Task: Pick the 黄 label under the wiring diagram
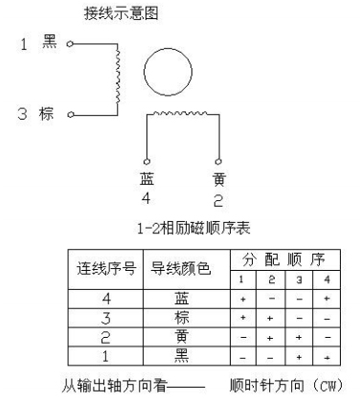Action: coord(218,178)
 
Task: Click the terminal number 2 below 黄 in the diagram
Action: coord(218,199)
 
